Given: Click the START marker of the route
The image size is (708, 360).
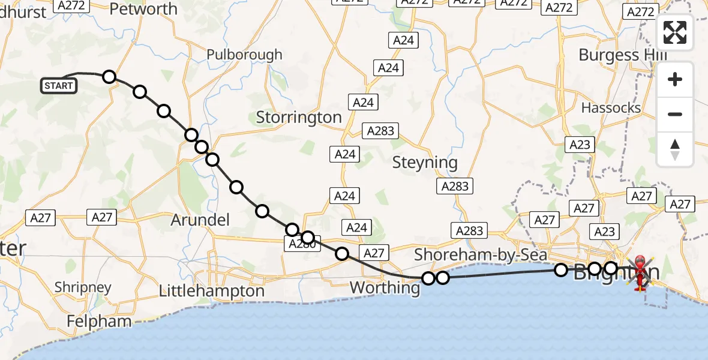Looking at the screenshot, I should (x=58, y=86).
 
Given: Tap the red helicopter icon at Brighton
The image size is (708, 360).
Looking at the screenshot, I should (x=641, y=273).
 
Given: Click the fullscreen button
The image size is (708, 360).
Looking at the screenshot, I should (x=675, y=32).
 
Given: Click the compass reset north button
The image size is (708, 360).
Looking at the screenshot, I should (x=675, y=149).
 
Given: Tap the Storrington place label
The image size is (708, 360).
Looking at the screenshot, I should (x=299, y=117).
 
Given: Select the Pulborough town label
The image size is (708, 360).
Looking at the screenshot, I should (x=244, y=55).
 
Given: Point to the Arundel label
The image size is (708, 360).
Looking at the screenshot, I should (x=200, y=220).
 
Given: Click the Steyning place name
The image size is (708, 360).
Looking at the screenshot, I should (x=425, y=162).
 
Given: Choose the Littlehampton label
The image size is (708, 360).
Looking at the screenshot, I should (x=211, y=291).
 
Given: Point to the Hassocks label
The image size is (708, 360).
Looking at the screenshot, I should (x=611, y=108).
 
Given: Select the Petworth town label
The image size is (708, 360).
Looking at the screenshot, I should (x=144, y=9).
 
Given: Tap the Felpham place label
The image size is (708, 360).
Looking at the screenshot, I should (x=99, y=321).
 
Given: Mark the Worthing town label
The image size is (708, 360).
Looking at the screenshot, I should (x=385, y=287).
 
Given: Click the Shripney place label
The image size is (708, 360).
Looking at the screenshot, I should (x=83, y=287).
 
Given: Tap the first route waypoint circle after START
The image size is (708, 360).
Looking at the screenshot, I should (x=109, y=76).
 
